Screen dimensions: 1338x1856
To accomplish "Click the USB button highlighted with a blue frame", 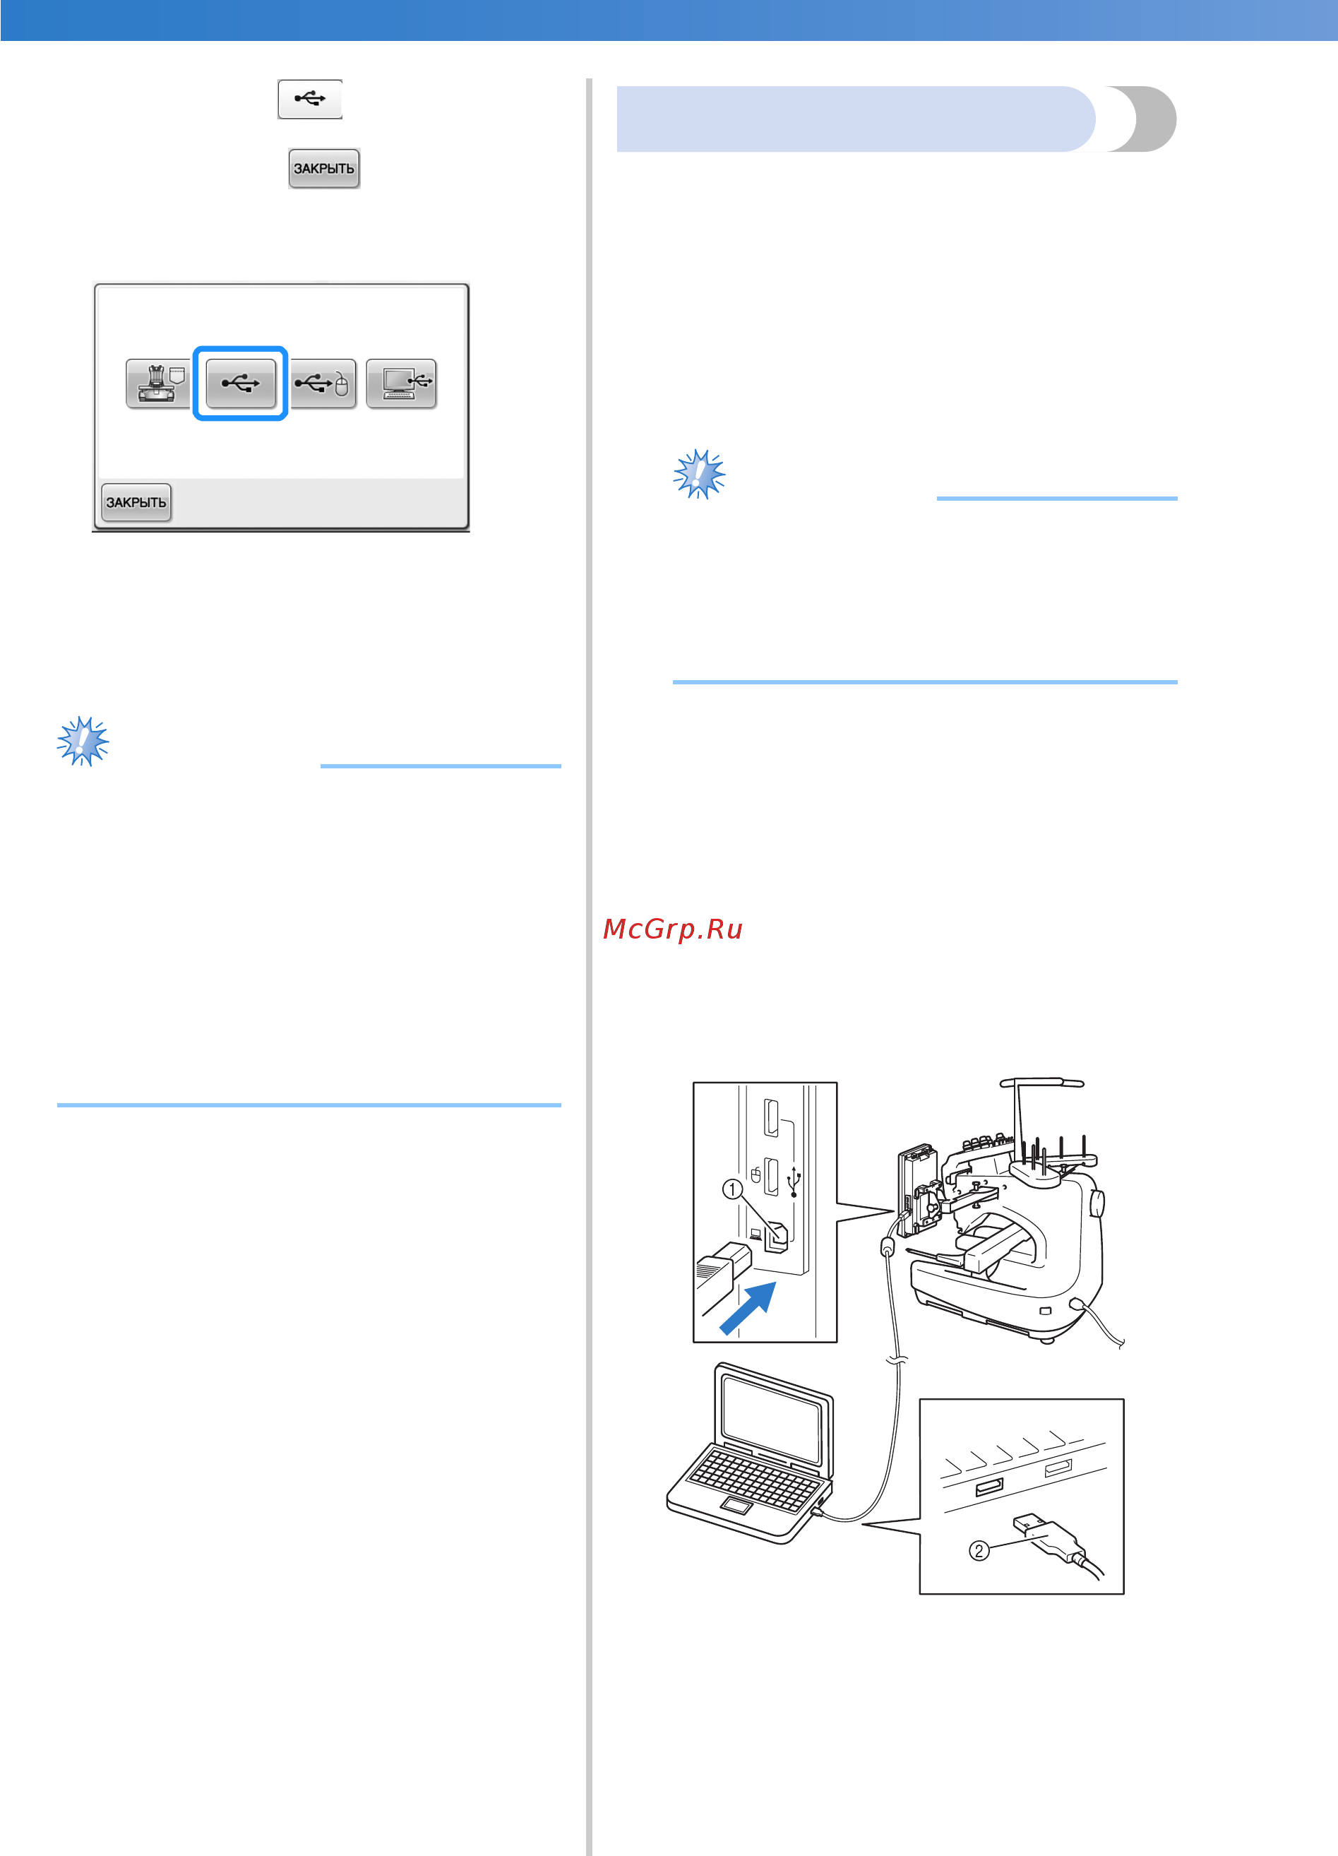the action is coord(241,383).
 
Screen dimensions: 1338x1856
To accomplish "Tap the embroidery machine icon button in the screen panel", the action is coord(158,383).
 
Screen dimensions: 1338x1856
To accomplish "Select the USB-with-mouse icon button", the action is coord(323,383).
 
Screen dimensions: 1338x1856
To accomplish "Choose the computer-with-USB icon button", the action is coord(401,383).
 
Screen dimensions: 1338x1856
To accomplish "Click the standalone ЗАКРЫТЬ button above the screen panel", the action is coord(324,169).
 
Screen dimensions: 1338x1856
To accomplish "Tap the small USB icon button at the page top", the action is coord(310,99).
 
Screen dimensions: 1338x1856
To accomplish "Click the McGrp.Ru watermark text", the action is coord(673,929).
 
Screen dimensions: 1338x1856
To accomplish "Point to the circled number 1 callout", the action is coord(732,1189).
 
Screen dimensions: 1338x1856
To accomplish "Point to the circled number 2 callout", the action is coord(979,1550).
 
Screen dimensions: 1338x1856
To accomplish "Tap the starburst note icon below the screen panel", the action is coord(83,742).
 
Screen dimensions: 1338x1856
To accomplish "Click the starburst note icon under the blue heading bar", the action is coord(700,474).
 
